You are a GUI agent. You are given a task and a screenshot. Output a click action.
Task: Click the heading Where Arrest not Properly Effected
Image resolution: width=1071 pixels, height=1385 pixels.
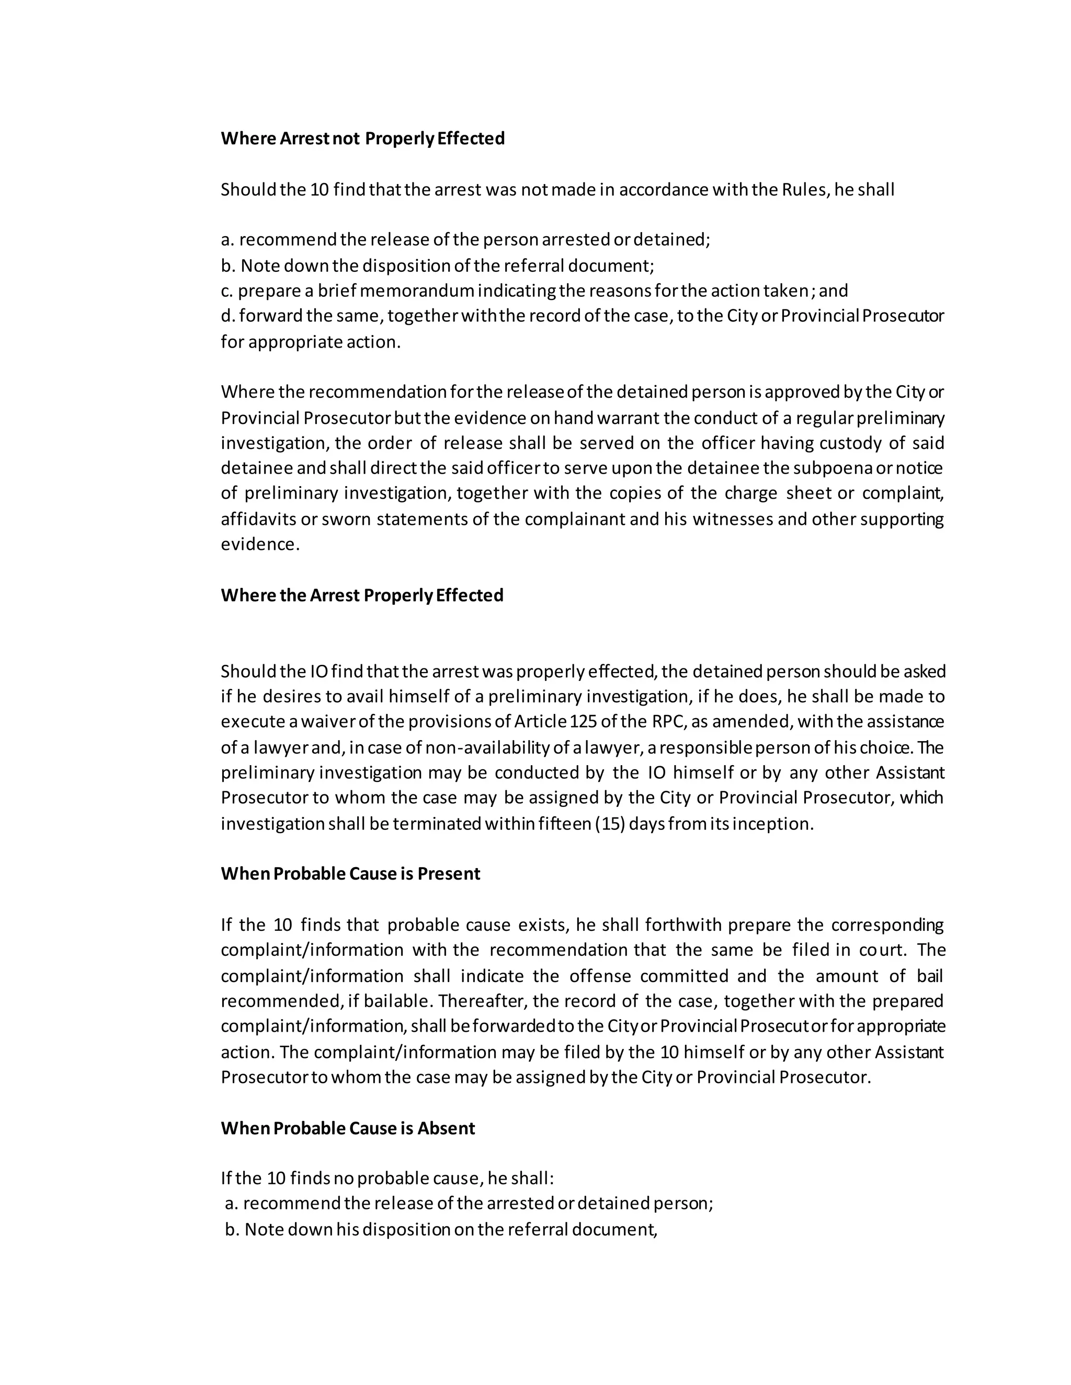(x=362, y=138)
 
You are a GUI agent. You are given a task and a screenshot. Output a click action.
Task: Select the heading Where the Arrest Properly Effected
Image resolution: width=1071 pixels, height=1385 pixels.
(x=362, y=595)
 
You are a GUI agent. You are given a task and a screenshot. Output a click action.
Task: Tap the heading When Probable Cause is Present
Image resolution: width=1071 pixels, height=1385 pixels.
(x=350, y=873)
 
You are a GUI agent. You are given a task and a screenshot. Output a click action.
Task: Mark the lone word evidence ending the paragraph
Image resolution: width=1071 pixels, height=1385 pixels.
(x=259, y=544)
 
